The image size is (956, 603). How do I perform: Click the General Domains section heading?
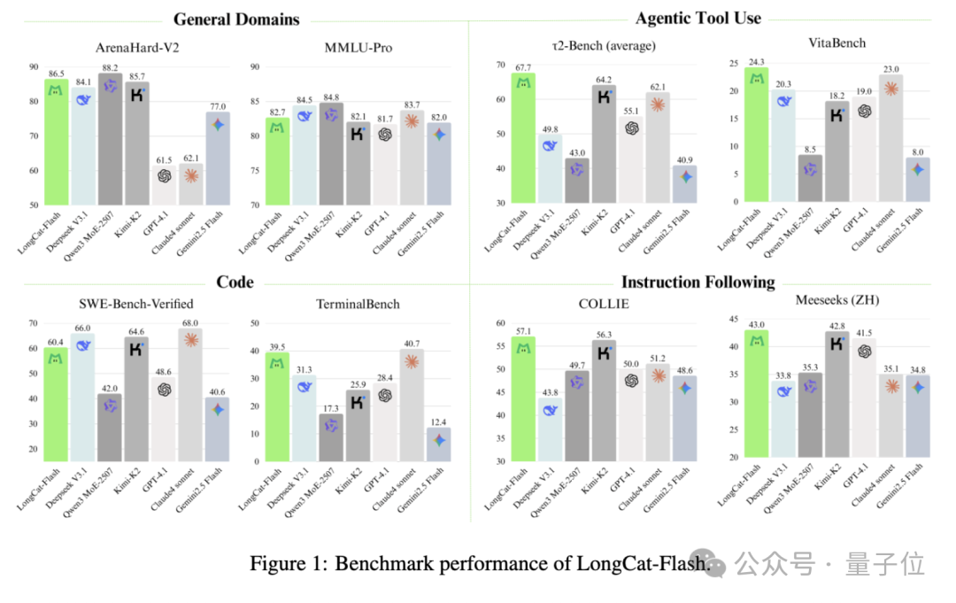coord(236,19)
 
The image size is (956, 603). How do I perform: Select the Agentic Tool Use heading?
coord(698,17)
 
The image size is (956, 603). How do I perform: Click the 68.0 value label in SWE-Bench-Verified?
coord(190,322)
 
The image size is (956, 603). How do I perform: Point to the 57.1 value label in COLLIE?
coord(523,329)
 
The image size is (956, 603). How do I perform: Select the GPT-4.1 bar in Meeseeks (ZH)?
coord(865,398)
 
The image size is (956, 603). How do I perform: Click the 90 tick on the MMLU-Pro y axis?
coord(256,67)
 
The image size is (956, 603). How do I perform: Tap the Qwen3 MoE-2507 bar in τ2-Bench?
coord(577,181)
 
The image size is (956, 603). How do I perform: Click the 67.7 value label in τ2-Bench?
coord(522,66)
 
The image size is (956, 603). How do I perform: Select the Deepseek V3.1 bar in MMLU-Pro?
coord(305,155)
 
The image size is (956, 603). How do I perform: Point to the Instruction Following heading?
coord(698,282)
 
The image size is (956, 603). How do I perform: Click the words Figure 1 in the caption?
coord(288,563)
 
